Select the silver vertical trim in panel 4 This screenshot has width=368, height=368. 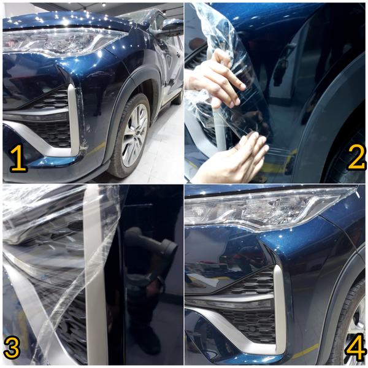click(x=280, y=307)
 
